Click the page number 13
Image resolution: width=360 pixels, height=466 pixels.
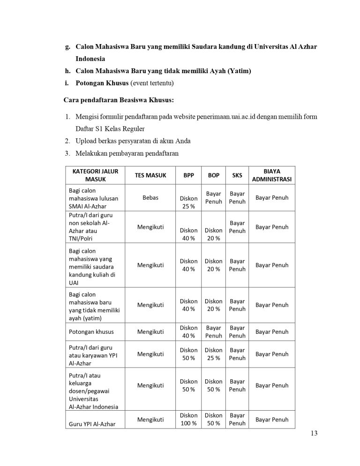(x=314, y=433)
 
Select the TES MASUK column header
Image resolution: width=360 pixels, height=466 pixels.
(x=150, y=175)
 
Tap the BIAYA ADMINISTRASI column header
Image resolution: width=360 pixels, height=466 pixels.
(x=272, y=175)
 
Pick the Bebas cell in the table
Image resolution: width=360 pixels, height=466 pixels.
(x=150, y=197)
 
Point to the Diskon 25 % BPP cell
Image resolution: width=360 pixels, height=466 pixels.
(x=189, y=202)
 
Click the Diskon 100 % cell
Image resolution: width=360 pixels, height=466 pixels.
(x=189, y=419)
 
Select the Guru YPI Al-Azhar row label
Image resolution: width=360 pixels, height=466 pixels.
(x=92, y=424)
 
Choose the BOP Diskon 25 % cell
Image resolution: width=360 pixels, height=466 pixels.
(x=214, y=354)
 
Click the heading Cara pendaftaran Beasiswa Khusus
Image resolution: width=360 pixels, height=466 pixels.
(x=119, y=100)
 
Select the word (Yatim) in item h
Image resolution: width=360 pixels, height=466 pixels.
(x=238, y=71)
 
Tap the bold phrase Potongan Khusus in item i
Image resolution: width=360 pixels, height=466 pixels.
(x=102, y=83)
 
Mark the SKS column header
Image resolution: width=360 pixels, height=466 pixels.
(x=237, y=175)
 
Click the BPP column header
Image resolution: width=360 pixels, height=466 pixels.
(x=189, y=175)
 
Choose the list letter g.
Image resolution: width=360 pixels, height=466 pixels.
(x=67, y=47)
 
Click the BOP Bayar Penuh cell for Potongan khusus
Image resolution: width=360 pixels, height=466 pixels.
(x=214, y=332)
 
